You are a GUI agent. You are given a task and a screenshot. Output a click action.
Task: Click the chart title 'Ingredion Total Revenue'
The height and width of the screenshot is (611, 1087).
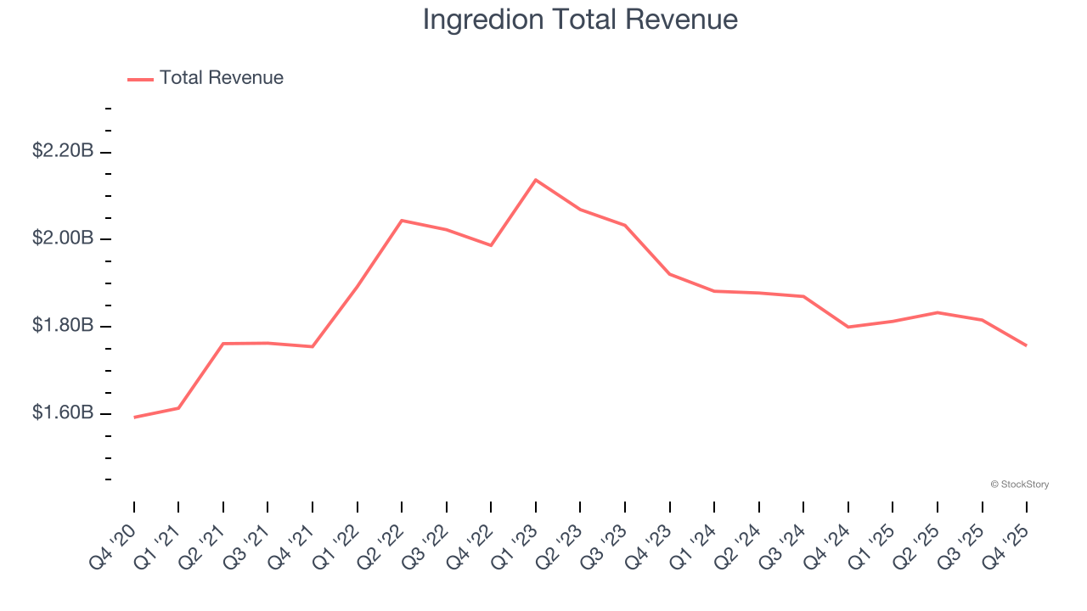[x=580, y=20]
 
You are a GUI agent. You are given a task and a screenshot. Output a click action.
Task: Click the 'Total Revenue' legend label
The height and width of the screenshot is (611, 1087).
[x=221, y=78]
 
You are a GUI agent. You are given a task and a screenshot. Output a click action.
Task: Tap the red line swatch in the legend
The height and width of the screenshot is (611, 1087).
[x=140, y=79]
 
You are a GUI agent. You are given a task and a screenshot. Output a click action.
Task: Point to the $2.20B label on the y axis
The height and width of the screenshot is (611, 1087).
[x=62, y=151]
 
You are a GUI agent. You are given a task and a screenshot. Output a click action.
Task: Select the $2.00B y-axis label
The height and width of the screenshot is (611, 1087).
[x=62, y=238]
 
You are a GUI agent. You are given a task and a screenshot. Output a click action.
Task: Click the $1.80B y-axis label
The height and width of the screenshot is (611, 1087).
[x=62, y=326]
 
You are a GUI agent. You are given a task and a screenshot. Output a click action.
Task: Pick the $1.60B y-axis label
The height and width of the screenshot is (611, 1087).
[x=62, y=413]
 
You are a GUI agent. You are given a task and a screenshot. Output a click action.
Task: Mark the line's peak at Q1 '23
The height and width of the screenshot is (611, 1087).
[x=536, y=180]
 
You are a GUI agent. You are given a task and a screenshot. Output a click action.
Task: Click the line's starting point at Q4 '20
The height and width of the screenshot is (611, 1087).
[x=134, y=418]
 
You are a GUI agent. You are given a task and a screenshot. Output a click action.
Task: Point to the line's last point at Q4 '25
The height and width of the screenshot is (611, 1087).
[x=1027, y=345]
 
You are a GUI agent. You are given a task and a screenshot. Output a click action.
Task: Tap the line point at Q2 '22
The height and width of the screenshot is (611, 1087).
[x=402, y=221]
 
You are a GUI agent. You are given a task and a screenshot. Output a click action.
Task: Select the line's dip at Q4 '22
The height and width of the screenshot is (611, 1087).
[x=491, y=245]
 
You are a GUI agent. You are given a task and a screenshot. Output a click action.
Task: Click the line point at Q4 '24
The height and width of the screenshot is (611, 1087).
[x=848, y=327]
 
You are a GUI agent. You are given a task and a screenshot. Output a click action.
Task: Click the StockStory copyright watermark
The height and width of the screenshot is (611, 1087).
[x=1019, y=485]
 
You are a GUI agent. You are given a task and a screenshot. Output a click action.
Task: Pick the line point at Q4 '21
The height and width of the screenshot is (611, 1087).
[x=313, y=346]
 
